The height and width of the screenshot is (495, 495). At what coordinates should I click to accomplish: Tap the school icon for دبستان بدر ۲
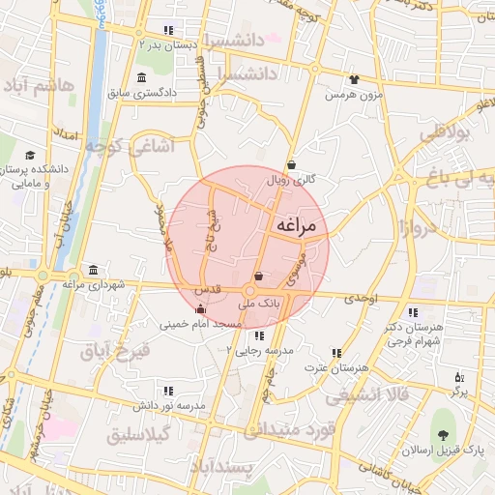(170, 30)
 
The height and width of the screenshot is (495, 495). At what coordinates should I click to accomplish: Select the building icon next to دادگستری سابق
(142, 77)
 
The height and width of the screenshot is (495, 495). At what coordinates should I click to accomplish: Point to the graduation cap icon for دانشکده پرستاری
(30, 155)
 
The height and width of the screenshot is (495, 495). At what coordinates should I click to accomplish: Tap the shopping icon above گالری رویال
(292, 163)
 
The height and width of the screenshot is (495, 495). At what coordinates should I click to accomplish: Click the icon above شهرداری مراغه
(93, 270)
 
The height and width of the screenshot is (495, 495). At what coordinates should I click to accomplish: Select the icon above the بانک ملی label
(257, 277)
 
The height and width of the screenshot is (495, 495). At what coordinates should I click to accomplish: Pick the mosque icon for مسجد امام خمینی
(200, 309)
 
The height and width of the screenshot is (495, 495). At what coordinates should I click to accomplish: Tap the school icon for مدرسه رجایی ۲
(258, 335)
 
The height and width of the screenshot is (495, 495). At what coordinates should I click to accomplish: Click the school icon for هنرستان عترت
(336, 354)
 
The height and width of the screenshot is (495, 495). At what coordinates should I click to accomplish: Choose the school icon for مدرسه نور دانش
(168, 391)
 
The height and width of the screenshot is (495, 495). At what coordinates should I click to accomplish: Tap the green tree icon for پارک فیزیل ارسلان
(444, 425)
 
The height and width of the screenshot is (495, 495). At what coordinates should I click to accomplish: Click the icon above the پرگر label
(459, 376)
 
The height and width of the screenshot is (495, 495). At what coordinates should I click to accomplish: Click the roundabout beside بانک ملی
(249, 292)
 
